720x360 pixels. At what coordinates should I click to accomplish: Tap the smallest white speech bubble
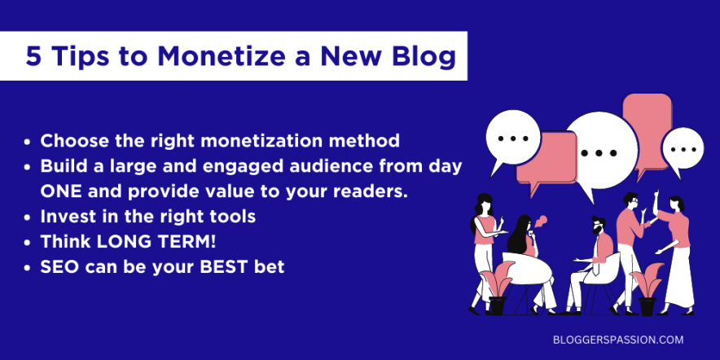coord(682,151)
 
